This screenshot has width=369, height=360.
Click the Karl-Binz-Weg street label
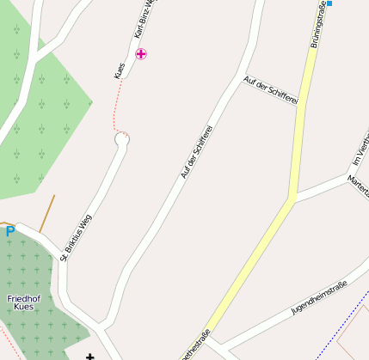[143, 19]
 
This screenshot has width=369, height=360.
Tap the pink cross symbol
[141, 54]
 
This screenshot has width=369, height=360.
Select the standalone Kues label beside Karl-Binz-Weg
[120, 70]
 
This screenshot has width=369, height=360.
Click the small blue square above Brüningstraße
[329, 3]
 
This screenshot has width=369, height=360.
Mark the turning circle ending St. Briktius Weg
[121, 140]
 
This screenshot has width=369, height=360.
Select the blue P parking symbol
[10, 231]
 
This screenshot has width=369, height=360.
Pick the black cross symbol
[89, 356]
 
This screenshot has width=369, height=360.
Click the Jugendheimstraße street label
[319, 296]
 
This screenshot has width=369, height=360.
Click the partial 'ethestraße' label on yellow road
[196, 345]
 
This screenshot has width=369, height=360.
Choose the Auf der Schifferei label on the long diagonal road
[196, 151]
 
